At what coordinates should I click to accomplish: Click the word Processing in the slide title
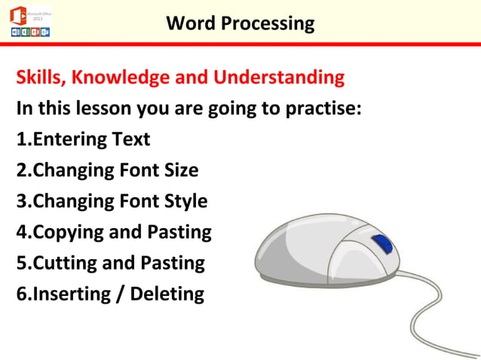tap(268, 23)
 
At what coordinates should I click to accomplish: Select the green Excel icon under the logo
tap(26, 32)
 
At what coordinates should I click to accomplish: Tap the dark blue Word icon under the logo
tap(16, 32)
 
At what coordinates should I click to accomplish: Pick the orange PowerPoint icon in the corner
tap(35, 32)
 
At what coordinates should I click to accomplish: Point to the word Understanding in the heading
tap(279, 78)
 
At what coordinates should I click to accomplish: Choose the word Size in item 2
tap(181, 170)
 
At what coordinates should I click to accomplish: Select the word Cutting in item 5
tap(66, 263)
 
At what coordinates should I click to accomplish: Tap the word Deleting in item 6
tap(167, 294)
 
